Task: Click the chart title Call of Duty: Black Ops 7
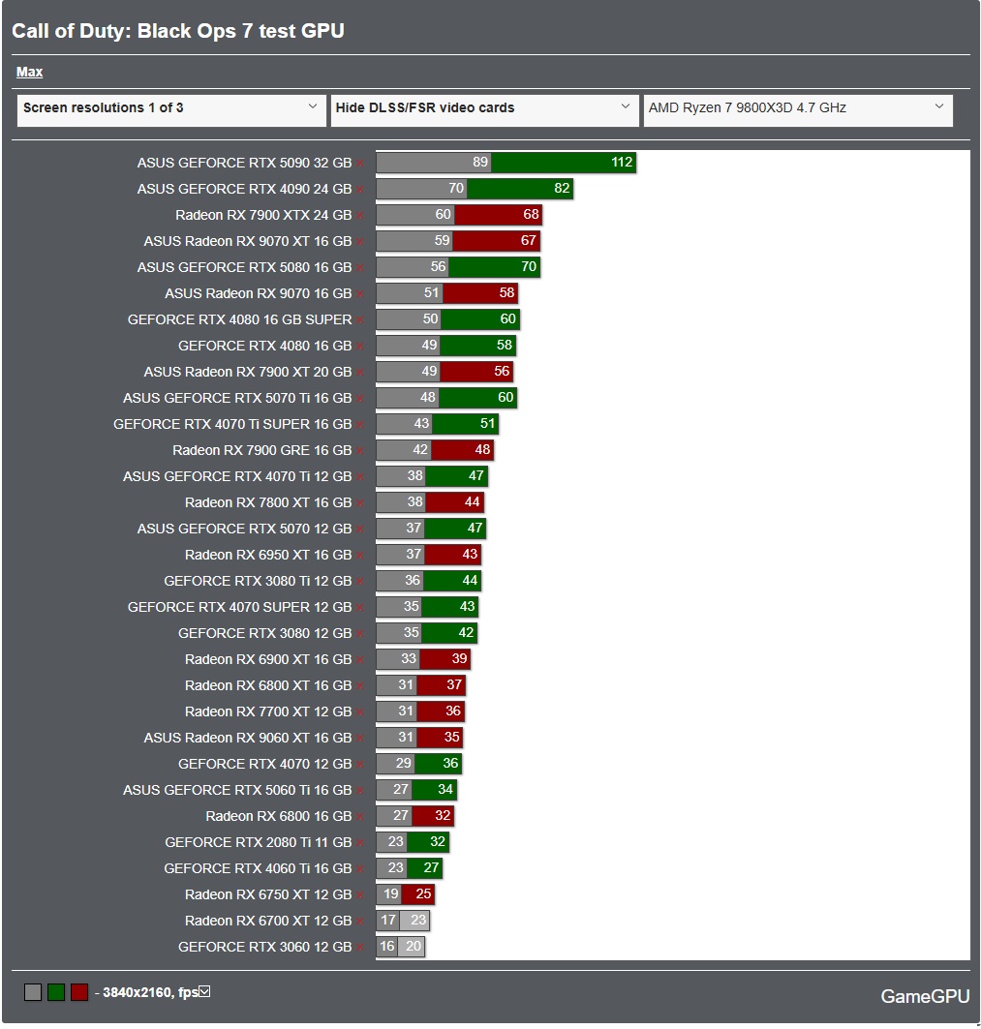[x=178, y=31]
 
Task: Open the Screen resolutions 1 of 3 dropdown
[x=171, y=108]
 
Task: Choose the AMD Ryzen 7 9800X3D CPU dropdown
[x=797, y=108]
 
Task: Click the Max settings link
[x=29, y=72]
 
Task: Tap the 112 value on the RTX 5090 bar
[x=622, y=163]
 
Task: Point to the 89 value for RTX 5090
[x=480, y=163]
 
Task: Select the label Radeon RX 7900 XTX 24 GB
[x=263, y=215]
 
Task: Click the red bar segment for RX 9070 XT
[x=496, y=241]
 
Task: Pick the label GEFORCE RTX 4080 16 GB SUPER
[x=239, y=319]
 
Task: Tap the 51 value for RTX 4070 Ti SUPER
[x=487, y=424]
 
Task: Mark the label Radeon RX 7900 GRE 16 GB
[x=261, y=450]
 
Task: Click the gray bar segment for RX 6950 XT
[x=400, y=555]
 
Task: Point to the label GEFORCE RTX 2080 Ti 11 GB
[x=258, y=842]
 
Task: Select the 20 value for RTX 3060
[x=414, y=947]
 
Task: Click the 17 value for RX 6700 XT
[x=388, y=921]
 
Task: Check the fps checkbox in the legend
[x=204, y=992]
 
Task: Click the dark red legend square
[x=79, y=992]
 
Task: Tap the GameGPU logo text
[x=924, y=996]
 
